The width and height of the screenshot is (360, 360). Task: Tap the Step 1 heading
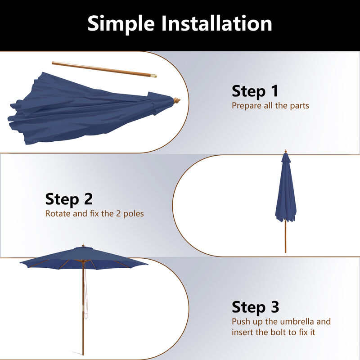pyautogui.click(x=255, y=91)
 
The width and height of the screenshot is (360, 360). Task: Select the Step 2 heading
pyautogui.click(x=69, y=198)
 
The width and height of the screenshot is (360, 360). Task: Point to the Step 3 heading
pyautogui.click(x=255, y=307)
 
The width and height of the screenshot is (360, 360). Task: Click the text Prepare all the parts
pyautogui.click(x=270, y=106)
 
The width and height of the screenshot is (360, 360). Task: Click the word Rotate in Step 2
pyautogui.click(x=58, y=214)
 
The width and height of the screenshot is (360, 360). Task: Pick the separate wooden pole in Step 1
pyautogui.click(x=103, y=70)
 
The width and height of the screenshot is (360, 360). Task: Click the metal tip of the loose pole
pyautogui.click(x=154, y=76)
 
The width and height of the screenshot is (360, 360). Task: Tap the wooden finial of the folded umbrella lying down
pyautogui.click(x=176, y=100)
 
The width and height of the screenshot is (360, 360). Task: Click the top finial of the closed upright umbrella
pyautogui.click(x=285, y=152)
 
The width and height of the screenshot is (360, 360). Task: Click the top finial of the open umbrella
pyautogui.click(x=83, y=246)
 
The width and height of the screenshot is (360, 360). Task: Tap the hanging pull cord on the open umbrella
pyautogui.click(x=86, y=292)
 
